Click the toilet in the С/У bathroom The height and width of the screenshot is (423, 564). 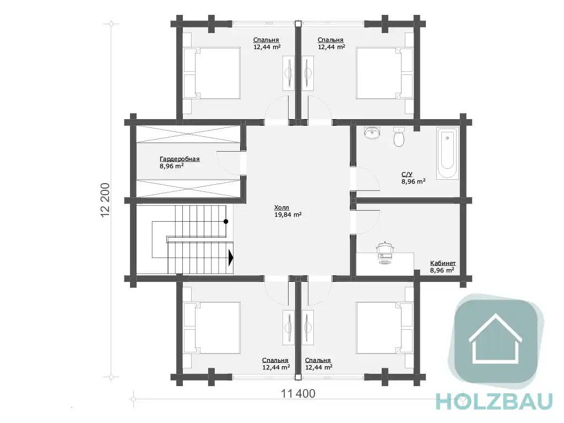pyautogui.click(x=399, y=137)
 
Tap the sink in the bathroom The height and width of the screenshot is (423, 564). pyautogui.click(x=372, y=133)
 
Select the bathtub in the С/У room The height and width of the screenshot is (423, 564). pyautogui.click(x=447, y=153)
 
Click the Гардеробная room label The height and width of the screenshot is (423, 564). pyautogui.click(x=180, y=159)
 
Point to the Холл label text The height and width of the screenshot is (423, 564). pyautogui.click(x=281, y=207)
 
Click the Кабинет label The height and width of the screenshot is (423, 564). pyautogui.click(x=443, y=264)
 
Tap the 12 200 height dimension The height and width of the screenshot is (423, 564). pyautogui.click(x=105, y=200)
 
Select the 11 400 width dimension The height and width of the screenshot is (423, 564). pyautogui.click(x=298, y=394)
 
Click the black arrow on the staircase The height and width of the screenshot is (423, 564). pyautogui.click(x=231, y=258)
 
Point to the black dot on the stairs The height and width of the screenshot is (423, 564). pyautogui.click(x=226, y=222)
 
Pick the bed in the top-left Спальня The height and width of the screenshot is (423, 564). pyautogui.click(x=211, y=73)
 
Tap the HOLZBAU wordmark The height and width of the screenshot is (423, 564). pyautogui.click(x=494, y=401)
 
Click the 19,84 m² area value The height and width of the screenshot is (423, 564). pyautogui.click(x=288, y=215)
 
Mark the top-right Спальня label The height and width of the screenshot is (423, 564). pyautogui.click(x=330, y=40)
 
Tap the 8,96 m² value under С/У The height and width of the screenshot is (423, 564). pyautogui.click(x=414, y=181)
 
